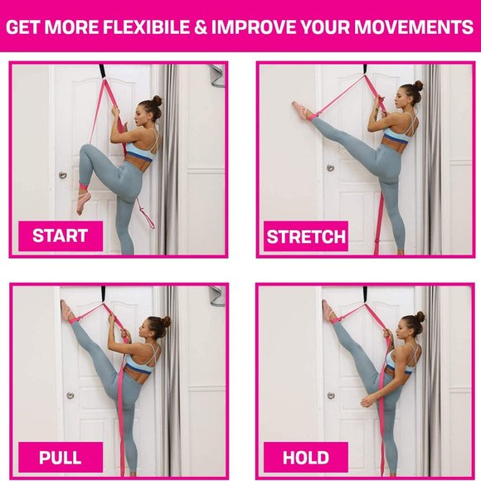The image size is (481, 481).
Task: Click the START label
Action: (x=60, y=236)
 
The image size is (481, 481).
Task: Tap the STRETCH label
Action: (x=306, y=237)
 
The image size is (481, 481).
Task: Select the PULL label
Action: (x=60, y=457)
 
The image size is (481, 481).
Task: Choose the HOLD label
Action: (x=306, y=457)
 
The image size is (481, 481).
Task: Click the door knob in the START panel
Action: (x=63, y=175)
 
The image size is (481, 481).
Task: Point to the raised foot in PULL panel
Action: (x=67, y=311)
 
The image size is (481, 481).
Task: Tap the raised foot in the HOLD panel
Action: (x=328, y=311)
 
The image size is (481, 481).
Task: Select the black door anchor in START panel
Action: (x=102, y=73)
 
